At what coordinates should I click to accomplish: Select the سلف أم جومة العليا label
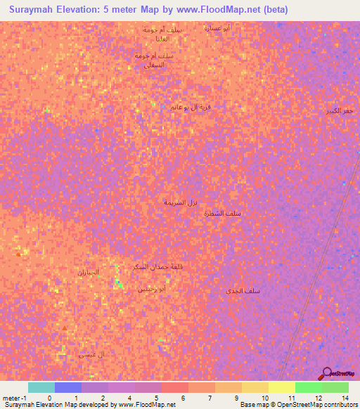pos(162,34)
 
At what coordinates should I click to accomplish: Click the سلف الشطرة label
pos(226,214)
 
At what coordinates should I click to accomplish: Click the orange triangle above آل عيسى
pos(65,327)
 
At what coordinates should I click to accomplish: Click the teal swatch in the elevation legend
pos(41,387)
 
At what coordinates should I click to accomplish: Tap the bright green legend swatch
pos(308,387)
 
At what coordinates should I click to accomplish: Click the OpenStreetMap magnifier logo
pos(326,372)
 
